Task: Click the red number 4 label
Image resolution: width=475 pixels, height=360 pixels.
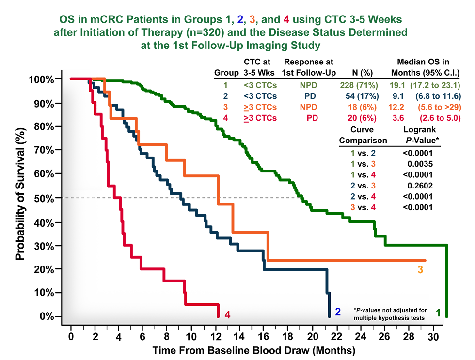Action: tap(226, 314)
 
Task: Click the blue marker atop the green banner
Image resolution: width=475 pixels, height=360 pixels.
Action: tap(238, 19)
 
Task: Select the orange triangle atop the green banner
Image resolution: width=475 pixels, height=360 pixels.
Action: tap(251, 20)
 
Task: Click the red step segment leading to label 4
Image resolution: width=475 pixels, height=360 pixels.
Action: tap(201, 305)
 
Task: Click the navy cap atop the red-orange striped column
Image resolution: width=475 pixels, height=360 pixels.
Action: tap(377, 154)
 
